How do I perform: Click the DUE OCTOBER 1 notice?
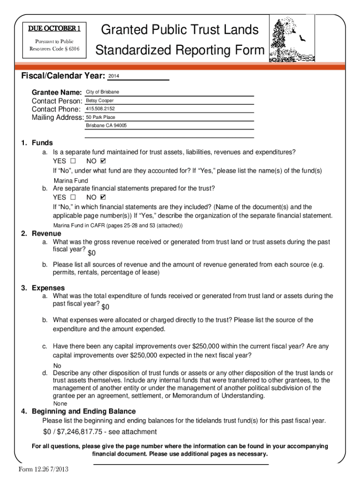click(x=55, y=29)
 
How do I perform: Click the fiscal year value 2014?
click(x=114, y=76)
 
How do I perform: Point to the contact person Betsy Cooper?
click(x=100, y=101)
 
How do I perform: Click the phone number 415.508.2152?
click(x=100, y=109)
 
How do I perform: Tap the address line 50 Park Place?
click(x=100, y=117)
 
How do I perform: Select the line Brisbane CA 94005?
click(x=106, y=126)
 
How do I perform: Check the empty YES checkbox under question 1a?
click(x=72, y=161)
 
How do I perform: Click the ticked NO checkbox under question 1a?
click(x=103, y=161)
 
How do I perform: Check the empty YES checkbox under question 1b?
click(x=72, y=197)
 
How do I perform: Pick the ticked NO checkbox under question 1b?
click(x=103, y=197)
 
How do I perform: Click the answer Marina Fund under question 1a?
click(x=71, y=181)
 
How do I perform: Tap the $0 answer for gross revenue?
click(x=92, y=253)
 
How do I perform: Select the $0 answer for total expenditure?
click(x=105, y=307)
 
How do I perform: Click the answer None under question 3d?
click(x=60, y=404)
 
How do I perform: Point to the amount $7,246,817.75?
click(x=77, y=432)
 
